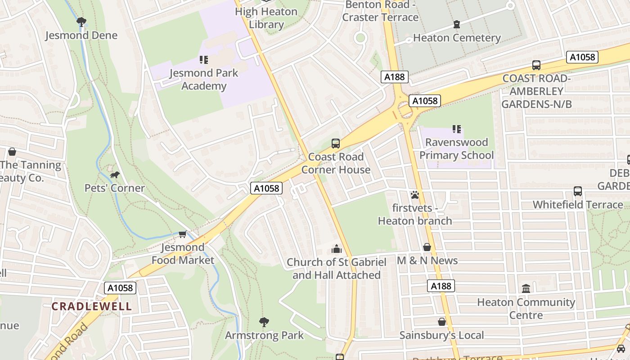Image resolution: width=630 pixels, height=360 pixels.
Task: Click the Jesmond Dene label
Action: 81,36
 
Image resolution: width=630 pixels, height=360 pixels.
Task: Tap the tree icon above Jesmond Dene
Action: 81,22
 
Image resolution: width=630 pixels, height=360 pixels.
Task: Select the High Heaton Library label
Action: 266,18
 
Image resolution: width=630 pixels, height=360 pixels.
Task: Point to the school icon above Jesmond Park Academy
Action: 203,60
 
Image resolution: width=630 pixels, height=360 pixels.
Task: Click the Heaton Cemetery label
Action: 457,38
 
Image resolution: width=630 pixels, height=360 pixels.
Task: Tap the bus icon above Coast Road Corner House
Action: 336,144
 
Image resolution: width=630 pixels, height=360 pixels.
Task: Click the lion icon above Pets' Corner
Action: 115,175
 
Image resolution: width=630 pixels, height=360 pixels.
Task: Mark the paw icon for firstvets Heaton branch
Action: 414,195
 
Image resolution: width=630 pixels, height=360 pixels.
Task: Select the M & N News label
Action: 427,261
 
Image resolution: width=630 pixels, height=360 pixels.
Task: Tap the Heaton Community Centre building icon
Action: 526,288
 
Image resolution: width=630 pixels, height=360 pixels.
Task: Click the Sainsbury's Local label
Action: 442,335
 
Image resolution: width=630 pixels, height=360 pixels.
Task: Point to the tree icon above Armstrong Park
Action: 264,322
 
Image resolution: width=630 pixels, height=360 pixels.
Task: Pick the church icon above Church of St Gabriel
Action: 336,249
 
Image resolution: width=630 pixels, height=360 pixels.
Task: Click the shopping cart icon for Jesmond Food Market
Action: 182,234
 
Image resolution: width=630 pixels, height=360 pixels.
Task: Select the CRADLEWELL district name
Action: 91,306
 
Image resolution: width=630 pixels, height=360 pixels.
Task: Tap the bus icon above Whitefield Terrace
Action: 578,191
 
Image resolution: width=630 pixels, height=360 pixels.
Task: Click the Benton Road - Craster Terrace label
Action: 380,11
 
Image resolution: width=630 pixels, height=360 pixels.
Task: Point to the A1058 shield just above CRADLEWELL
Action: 120,288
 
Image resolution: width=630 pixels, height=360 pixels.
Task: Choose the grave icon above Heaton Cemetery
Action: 457,24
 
